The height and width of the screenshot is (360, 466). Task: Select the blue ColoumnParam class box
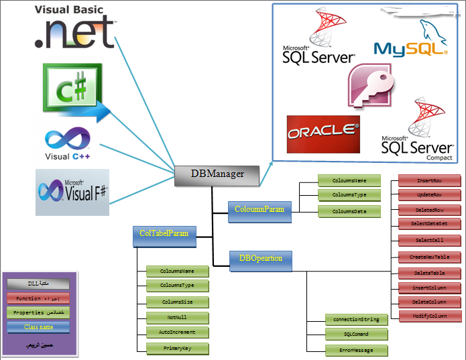tap(259, 209)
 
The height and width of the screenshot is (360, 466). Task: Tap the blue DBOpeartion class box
tap(261, 258)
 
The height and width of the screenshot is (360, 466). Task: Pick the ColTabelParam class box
tap(164, 234)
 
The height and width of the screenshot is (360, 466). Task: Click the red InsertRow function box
tap(430, 181)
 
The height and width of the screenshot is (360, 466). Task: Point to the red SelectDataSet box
tap(430, 223)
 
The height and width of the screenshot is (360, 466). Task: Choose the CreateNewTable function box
tap(430, 257)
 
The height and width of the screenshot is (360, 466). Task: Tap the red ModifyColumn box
tap(430, 315)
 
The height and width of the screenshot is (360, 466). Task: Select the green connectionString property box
tap(356, 319)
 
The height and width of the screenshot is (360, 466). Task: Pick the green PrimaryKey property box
tap(177, 348)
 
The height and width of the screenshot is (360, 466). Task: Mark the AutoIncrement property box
tap(177, 333)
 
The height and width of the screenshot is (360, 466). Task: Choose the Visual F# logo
tap(72, 192)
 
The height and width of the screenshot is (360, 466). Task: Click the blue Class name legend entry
tap(39, 327)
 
